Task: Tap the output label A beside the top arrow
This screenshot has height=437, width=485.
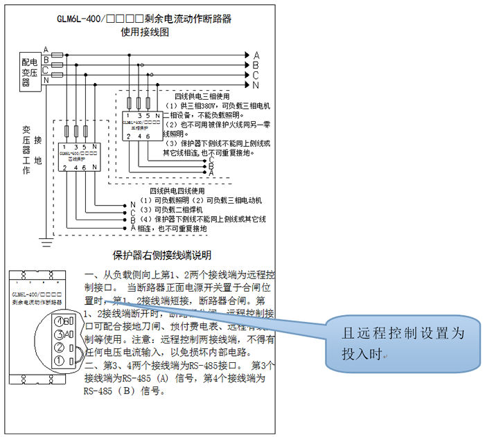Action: [x=256, y=55]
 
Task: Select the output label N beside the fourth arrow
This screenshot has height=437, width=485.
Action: [x=256, y=85]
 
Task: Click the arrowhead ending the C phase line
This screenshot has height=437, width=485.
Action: [x=247, y=75]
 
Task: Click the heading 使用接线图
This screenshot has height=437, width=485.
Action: [x=145, y=32]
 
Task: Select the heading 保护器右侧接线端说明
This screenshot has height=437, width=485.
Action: [x=166, y=256]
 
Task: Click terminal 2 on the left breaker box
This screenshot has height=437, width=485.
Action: [x=64, y=167]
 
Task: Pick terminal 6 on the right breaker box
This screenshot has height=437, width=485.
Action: [x=148, y=136]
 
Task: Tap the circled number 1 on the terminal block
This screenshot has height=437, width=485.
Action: [x=62, y=361]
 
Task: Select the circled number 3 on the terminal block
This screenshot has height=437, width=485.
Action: [x=62, y=335]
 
